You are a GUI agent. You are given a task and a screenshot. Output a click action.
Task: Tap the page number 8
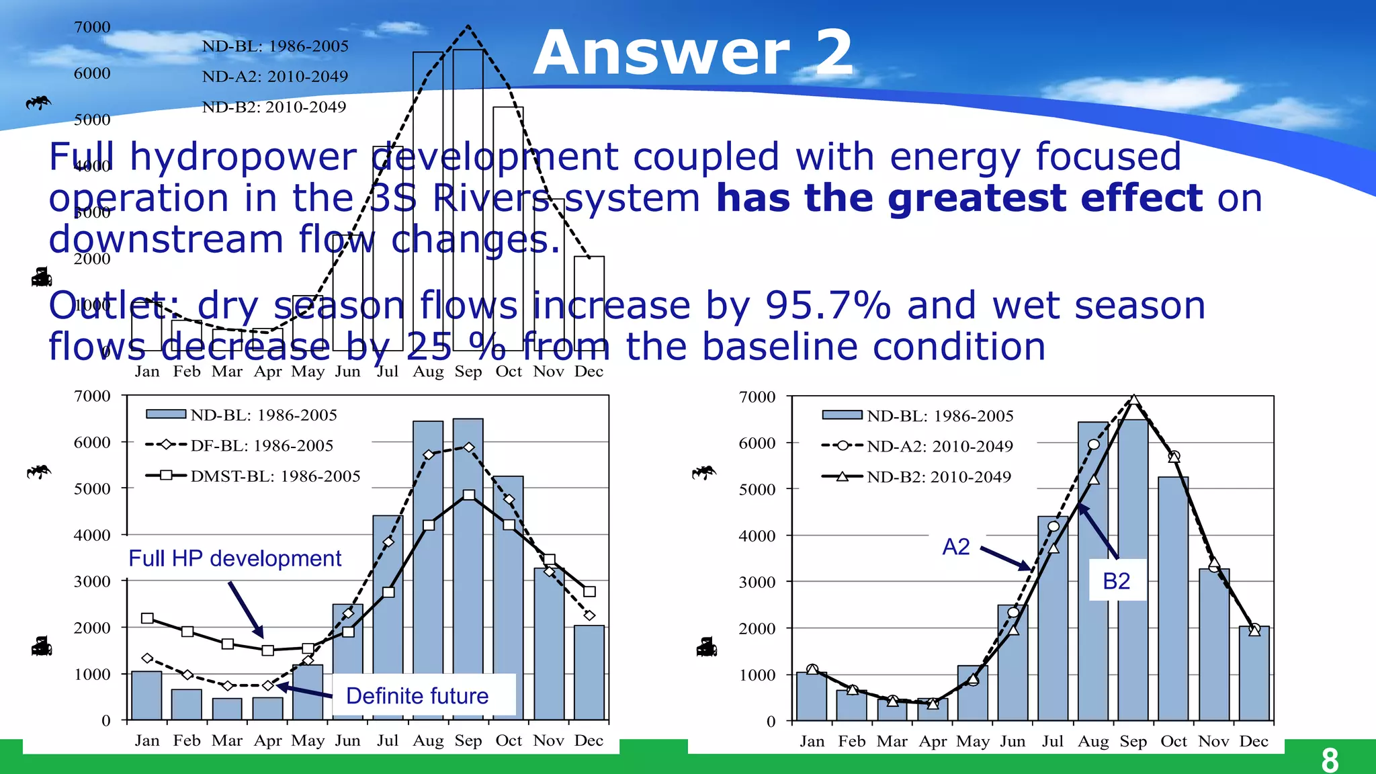1329,760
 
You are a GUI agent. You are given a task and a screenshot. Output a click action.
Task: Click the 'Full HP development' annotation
234,558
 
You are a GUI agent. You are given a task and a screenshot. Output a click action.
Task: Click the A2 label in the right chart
955,547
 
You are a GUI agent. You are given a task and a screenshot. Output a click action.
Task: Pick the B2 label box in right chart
1117,580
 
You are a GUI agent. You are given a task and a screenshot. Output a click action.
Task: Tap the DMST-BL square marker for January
147,618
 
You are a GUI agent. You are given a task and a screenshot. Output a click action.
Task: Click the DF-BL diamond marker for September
468,447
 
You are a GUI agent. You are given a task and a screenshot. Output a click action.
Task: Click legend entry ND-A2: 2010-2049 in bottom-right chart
939,446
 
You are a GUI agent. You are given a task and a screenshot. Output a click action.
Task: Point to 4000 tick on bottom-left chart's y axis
92,535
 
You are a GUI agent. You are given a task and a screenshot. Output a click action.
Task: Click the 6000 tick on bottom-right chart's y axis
757,443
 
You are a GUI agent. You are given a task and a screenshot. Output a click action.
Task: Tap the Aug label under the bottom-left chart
428,740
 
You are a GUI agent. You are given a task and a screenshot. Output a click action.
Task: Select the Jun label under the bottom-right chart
1013,741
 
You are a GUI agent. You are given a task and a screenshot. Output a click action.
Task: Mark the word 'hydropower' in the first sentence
243,157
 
